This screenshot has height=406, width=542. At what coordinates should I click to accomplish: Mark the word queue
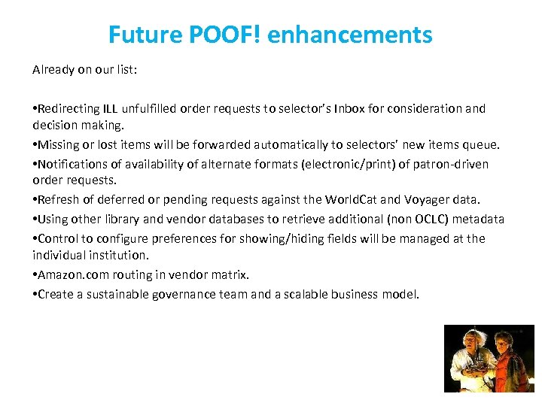483,144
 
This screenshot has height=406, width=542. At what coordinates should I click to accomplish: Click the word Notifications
71,164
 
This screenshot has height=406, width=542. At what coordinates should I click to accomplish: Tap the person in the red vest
516,368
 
